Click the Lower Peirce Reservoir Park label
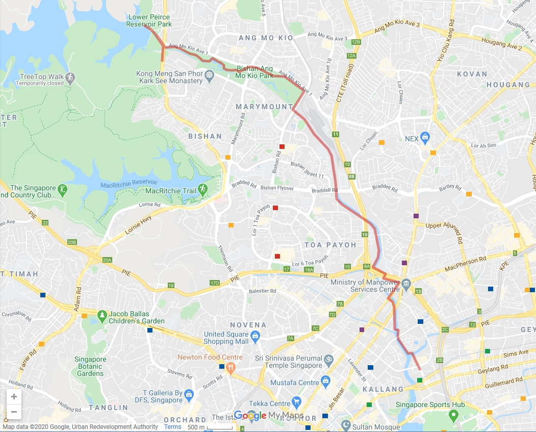[x=149, y=20]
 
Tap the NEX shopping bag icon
[x=426, y=138]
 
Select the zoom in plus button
[x=14, y=397]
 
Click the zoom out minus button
[x=14, y=412]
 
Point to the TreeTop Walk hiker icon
[x=70, y=77]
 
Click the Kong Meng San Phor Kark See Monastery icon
[x=209, y=77]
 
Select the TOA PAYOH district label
[x=330, y=245]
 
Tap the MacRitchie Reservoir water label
[x=129, y=184]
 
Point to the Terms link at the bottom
[x=172, y=427]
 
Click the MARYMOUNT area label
[x=264, y=107]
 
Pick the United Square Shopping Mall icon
[x=255, y=335]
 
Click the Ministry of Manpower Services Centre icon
[x=406, y=283]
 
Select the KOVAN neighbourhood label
[x=472, y=74]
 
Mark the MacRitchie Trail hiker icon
[x=202, y=188]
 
